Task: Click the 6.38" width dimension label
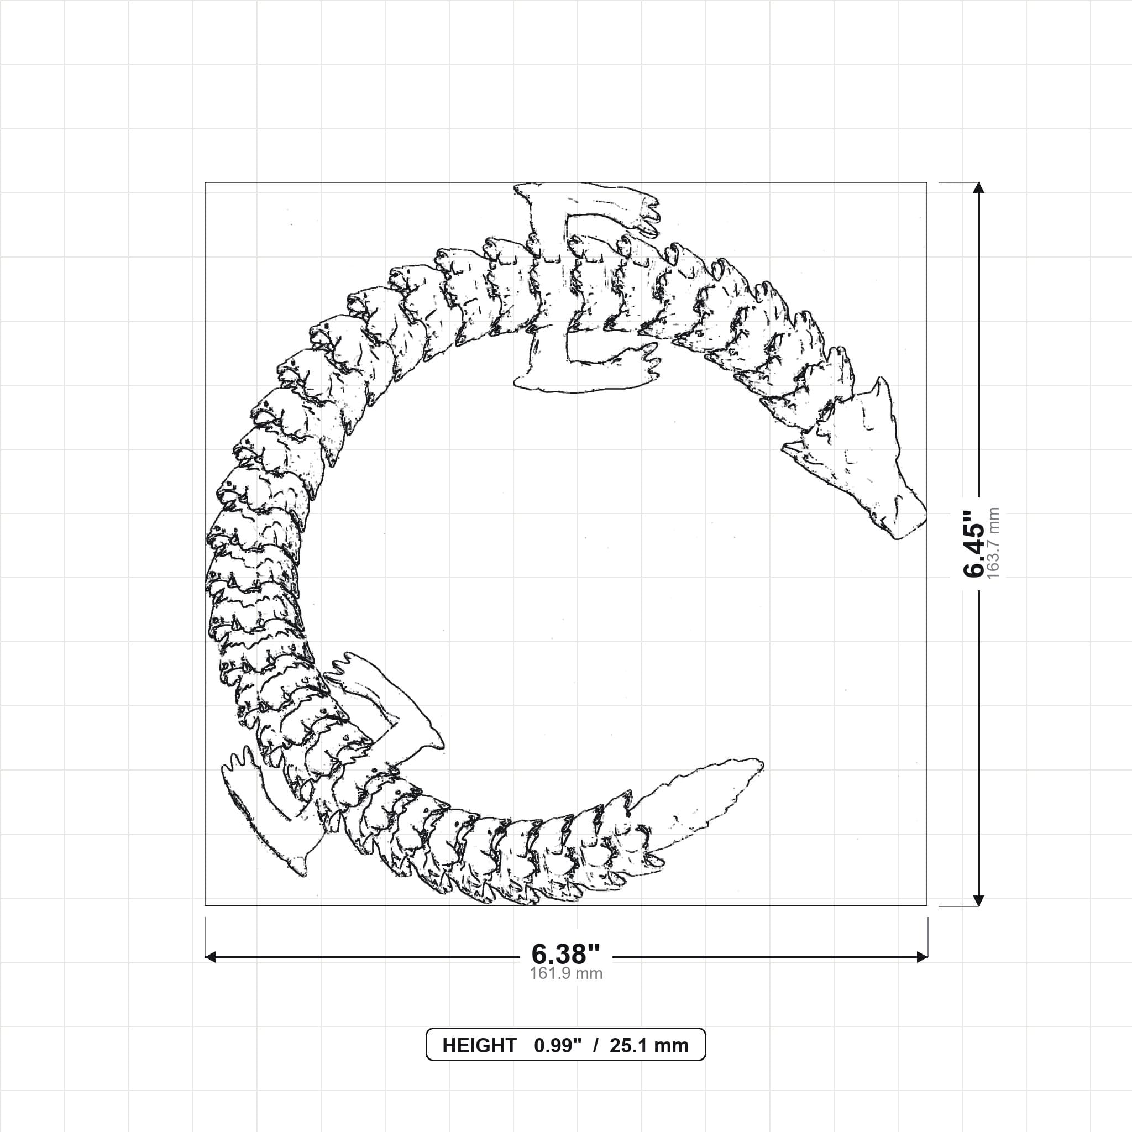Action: coord(566,954)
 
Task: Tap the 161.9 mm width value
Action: coord(566,973)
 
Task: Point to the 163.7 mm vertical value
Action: coord(994,544)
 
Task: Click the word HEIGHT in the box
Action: coord(479,1046)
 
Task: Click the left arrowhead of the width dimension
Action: coord(211,957)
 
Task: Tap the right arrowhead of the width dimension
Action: coord(921,957)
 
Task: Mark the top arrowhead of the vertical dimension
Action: coord(978,188)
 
